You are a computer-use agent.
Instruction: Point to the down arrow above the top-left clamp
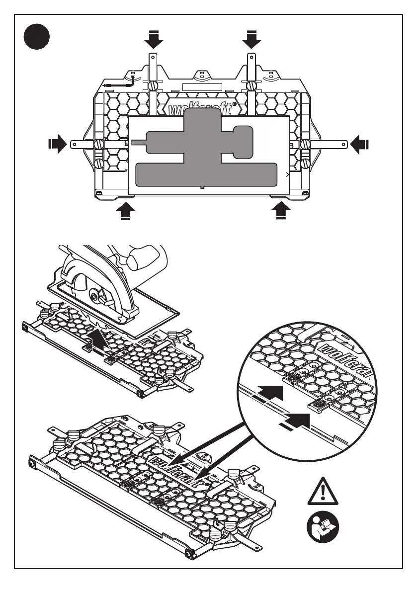tap(154, 39)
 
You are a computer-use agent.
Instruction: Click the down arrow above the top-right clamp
tap(252, 39)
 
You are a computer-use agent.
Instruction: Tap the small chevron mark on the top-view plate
tap(288, 175)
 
